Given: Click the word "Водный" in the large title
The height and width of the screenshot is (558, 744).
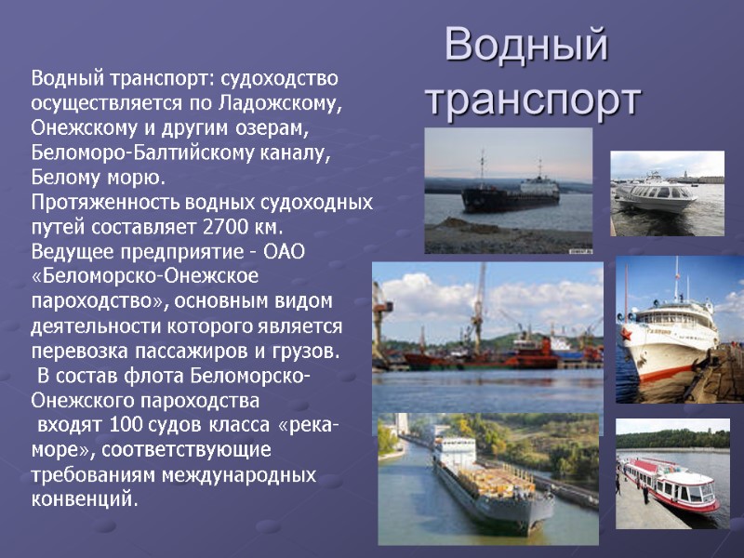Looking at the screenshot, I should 525,46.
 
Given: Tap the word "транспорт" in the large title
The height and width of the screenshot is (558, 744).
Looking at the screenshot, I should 533,100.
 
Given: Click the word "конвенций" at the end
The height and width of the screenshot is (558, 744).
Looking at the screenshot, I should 82,501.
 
